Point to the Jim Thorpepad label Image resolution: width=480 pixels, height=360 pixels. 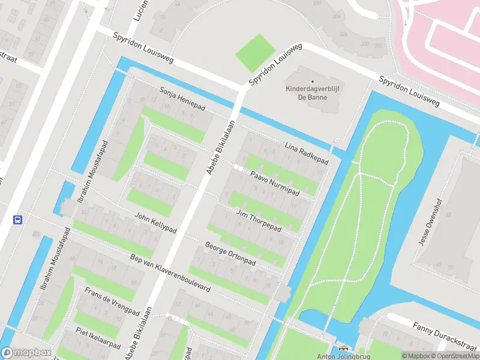[x=259, y=222]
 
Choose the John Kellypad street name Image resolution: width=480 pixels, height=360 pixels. [x=156, y=223]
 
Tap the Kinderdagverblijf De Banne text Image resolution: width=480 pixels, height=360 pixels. [x=312, y=94]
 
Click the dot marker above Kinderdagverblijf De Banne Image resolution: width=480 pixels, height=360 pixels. [x=312, y=82]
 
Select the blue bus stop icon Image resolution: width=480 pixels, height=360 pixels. [x=18, y=220]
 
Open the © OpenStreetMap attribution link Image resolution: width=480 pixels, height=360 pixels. [x=454, y=356]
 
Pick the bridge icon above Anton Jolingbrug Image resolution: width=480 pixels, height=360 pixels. [x=344, y=348]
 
